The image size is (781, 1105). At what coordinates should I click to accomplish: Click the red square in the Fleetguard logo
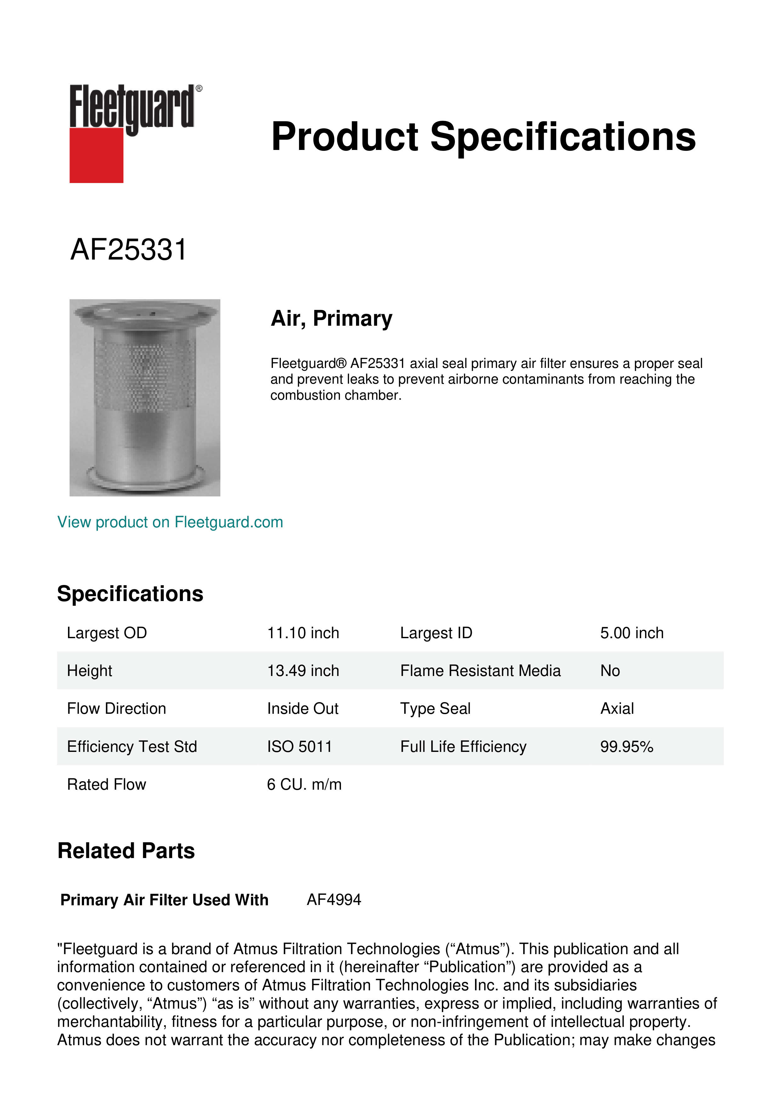point(96,155)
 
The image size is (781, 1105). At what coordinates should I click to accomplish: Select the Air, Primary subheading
point(331,318)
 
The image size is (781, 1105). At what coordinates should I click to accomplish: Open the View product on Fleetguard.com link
point(170,522)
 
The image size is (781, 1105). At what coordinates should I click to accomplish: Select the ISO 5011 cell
point(299,747)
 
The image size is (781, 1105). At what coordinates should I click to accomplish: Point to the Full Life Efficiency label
point(463,747)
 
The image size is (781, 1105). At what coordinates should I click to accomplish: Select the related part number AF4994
point(334,900)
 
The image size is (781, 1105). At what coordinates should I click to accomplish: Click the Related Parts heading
point(126,851)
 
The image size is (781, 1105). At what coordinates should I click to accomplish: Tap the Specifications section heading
point(130,594)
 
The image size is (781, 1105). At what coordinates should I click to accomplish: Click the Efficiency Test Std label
point(132,747)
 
